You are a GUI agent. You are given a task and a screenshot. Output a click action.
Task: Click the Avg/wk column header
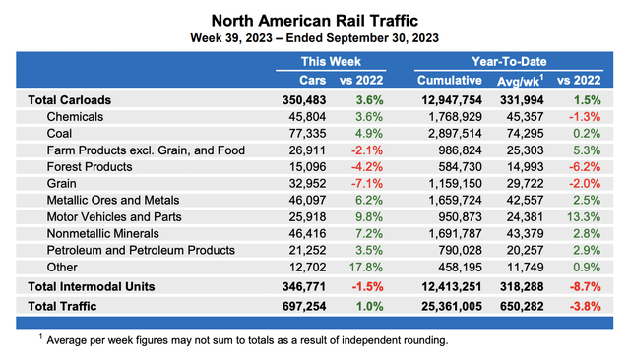[531, 79]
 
